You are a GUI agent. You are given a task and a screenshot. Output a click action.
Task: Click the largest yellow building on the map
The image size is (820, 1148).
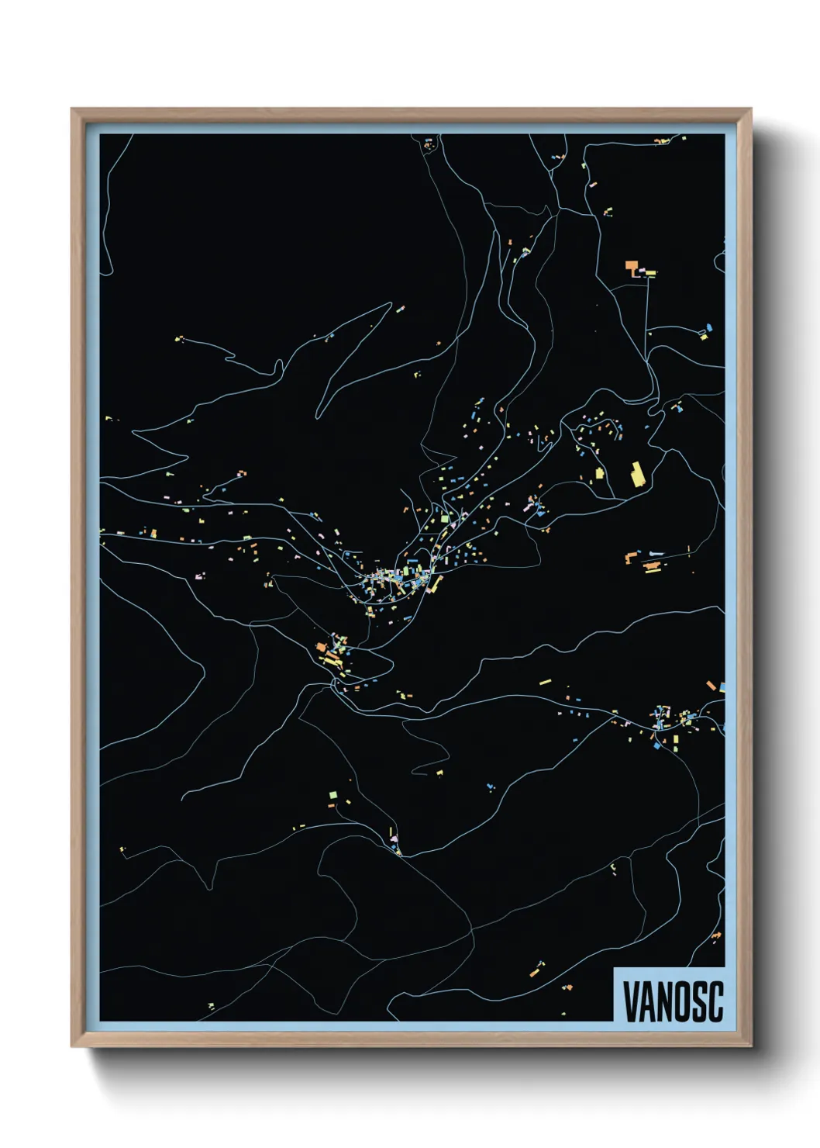[x=638, y=473]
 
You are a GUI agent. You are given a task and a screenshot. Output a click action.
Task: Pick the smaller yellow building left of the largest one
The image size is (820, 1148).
[x=599, y=474]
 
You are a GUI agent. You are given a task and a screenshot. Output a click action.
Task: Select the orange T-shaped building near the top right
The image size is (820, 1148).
[x=632, y=268]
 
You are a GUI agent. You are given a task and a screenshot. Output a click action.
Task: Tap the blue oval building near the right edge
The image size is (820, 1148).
[x=707, y=329]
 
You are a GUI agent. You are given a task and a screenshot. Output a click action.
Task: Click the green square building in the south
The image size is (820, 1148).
[x=333, y=795]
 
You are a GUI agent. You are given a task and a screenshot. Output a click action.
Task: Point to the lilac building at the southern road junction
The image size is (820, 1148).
[x=394, y=839]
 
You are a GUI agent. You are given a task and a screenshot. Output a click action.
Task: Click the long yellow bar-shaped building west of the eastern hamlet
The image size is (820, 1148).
[x=545, y=683]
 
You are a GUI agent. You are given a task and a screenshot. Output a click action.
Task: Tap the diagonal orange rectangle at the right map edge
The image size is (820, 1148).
[x=711, y=686]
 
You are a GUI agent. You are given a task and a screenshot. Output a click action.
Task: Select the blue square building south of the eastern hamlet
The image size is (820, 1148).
[x=659, y=745]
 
